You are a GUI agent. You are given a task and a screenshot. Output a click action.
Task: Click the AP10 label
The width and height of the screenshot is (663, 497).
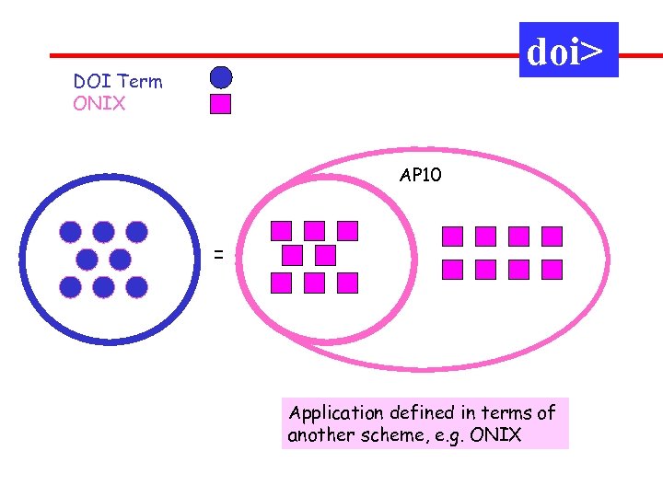tap(421, 174)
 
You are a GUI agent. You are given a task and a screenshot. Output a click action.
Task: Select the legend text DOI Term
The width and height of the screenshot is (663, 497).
tap(118, 82)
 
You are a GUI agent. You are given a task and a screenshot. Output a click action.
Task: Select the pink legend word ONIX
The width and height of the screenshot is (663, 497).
tap(99, 103)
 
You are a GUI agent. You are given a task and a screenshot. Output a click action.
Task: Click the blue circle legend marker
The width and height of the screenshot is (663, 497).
tap(221, 76)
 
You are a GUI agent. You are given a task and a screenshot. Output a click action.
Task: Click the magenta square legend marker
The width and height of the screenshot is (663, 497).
tap(220, 103)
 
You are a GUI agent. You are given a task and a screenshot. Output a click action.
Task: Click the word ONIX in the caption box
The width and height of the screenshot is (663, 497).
tap(494, 435)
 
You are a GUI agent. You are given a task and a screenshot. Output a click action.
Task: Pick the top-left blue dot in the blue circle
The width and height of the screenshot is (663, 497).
tap(71, 232)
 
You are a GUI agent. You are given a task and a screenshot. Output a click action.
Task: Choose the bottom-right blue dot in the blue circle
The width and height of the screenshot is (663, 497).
tap(136, 287)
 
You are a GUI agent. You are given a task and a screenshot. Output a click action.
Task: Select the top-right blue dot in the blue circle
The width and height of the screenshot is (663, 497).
tap(136, 232)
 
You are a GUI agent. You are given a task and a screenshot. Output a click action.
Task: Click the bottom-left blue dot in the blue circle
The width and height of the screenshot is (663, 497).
tap(71, 287)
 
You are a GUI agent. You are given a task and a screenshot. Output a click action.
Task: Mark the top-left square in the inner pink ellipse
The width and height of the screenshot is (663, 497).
tap(282, 230)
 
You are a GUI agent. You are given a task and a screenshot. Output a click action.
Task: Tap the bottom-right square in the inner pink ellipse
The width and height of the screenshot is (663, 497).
tap(347, 282)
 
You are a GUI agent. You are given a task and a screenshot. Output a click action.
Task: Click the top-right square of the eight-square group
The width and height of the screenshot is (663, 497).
tap(552, 237)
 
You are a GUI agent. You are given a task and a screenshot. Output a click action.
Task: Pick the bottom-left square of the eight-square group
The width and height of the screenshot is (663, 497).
tap(452, 269)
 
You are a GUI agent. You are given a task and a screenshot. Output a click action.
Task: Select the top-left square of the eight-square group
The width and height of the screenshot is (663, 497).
tap(452, 237)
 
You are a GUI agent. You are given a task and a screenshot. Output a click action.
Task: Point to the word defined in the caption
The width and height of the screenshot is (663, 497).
tap(412, 413)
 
